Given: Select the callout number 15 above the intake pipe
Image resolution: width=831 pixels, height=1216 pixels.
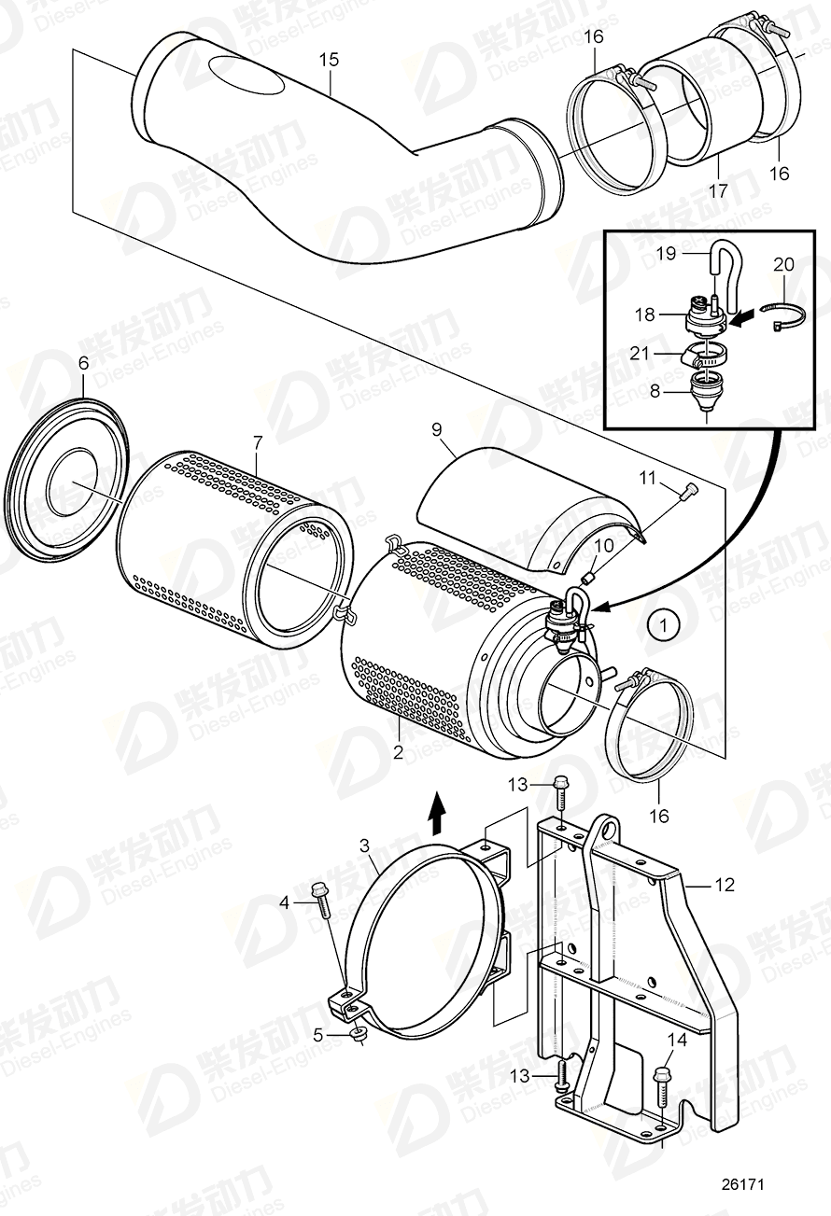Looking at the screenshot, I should (329, 60).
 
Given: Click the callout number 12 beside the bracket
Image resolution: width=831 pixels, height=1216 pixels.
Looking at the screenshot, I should (725, 885).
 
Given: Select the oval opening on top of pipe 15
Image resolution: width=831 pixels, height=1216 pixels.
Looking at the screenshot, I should (246, 75).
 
